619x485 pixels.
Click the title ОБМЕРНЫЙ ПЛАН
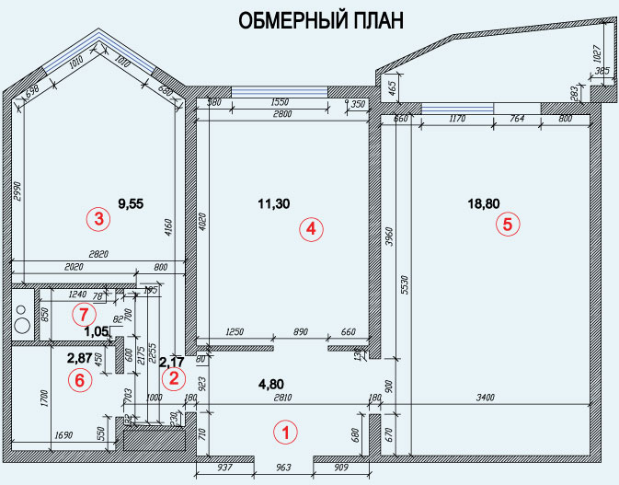[x=321, y=21]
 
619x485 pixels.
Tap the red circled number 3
[x=97, y=219]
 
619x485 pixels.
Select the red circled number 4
[x=312, y=230]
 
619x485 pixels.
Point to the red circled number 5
[x=506, y=223]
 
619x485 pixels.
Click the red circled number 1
[x=284, y=430]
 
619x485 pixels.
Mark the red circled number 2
[x=172, y=376]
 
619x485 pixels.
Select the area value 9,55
[x=132, y=198]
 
